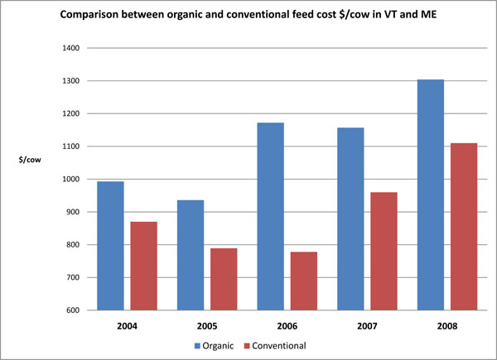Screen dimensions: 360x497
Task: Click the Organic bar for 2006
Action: coord(269,216)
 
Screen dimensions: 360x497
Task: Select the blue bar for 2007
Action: coord(350,218)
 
